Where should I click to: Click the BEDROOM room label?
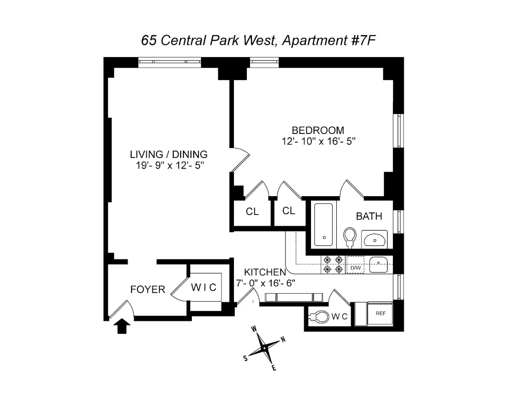tap(318, 130)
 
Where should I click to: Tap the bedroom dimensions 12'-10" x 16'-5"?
tap(319, 142)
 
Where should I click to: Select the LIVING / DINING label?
tap(169, 154)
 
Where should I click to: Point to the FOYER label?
tap(148, 290)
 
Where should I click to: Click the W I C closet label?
tap(203, 288)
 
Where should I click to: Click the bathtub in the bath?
tap(323, 225)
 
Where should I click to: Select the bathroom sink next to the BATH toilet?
tap(374, 239)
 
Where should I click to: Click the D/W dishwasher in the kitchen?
tap(356, 267)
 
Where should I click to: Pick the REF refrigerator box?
tap(380, 314)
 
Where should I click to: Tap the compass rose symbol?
tap(264, 348)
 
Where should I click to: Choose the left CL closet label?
tap(252, 211)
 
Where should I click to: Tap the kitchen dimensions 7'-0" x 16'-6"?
tap(266, 283)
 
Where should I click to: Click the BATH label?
tap(369, 217)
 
